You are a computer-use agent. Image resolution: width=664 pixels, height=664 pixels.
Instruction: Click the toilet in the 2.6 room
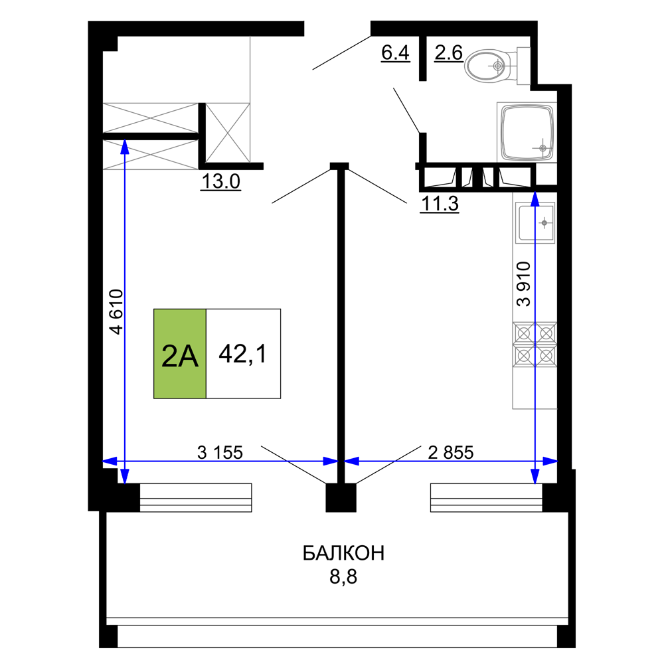click(497, 66)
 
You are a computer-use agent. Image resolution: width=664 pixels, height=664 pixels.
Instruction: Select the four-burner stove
click(535, 345)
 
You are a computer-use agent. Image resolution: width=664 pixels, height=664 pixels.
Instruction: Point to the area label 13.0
click(220, 182)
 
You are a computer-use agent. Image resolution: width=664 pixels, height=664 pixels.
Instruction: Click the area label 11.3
click(440, 204)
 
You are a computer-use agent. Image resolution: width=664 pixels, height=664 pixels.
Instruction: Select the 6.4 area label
click(396, 53)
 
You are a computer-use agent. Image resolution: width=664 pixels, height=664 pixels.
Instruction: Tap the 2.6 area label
click(448, 53)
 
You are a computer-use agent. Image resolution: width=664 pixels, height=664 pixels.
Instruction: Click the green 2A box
click(180, 354)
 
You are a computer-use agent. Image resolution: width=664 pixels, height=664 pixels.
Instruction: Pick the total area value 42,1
click(243, 354)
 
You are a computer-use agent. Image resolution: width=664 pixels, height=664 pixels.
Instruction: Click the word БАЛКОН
click(343, 553)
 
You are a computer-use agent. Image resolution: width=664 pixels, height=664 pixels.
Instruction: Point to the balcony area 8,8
click(343, 576)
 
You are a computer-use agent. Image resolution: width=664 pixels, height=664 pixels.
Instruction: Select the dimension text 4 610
click(116, 311)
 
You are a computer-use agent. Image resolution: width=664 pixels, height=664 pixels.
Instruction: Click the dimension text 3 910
click(523, 284)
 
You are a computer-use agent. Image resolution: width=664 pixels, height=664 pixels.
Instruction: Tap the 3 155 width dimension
click(220, 452)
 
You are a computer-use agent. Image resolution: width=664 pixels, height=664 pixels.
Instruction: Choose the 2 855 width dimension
click(451, 452)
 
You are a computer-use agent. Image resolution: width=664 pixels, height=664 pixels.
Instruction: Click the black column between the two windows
click(341, 497)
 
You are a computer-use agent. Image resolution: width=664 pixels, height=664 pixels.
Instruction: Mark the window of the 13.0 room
click(196, 497)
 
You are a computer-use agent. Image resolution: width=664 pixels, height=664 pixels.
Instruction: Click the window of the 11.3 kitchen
click(487, 497)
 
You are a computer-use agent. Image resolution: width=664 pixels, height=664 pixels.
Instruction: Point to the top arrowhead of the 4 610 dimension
click(125, 140)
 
